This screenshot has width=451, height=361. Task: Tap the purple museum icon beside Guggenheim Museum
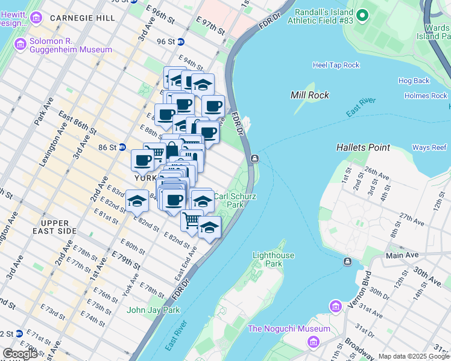(20, 43)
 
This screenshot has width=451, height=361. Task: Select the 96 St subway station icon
(180, 42)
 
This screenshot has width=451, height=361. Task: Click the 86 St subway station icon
(121, 147)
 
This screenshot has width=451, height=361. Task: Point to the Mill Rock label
(309, 95)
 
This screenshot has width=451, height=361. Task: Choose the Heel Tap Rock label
(336, 65)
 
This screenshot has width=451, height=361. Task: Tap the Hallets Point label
(363, 147)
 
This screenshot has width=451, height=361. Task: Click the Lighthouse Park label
(273, 259)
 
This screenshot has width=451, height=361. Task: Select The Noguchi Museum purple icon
(313, 342)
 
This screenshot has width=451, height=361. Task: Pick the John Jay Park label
(153, 310)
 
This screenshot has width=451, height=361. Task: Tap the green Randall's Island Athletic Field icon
(362, 15)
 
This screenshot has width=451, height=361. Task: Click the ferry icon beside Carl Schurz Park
(255, 159)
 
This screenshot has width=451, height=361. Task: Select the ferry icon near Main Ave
(348, 262)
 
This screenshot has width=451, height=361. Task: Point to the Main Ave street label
(402, 255)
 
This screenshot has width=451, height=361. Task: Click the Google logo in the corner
(19, 354)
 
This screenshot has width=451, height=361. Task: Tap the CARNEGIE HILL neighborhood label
(83, 18)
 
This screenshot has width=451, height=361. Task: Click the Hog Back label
(414, 81)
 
